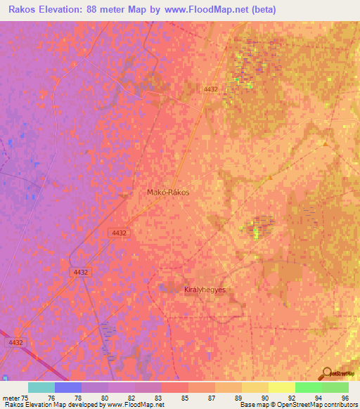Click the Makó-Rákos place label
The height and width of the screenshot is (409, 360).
pyautogui.click(x=168, y=191)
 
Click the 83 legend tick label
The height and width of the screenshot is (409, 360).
pyautogui.click(x=148, y=397)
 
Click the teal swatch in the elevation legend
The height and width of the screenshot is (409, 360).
pyautogui.click(x=41, y=387)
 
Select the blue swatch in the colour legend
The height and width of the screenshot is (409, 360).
pyautogui.click(x=67, y=387)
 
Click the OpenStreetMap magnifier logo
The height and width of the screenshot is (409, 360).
pyautogui.click(x=326, y=374)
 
